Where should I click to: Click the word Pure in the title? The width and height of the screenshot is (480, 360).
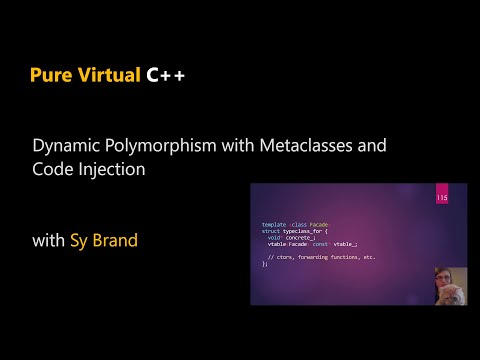(x=50, y=76)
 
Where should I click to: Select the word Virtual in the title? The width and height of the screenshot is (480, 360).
(x=103, y=76)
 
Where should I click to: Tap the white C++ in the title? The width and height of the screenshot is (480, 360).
(x=164, y=76)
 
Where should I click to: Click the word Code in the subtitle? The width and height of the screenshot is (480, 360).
(x=50, y=170)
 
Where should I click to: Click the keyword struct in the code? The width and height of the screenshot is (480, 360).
(x=271, y=230)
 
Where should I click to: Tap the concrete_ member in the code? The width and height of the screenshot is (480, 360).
(x=297, y=236)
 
